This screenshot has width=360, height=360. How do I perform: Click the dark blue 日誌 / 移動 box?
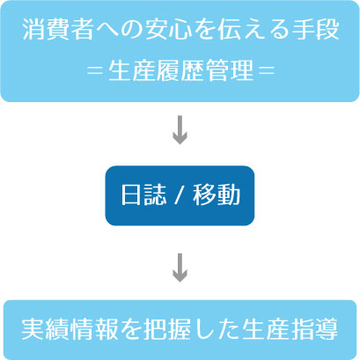click(180, 195)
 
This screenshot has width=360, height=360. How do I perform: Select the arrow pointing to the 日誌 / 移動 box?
click(180, 129)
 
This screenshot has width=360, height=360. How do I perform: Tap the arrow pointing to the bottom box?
click(180, 268)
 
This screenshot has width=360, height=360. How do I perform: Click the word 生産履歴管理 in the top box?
click(180, 71)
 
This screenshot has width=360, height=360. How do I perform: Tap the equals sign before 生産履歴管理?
click(96, 71)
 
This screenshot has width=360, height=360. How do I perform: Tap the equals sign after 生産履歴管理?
click(267, 71)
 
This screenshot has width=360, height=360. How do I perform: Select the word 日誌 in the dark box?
click(143, 195)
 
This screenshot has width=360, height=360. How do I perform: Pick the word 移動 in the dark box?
click(217, 195)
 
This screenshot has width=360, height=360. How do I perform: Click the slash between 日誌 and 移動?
click(180, 195)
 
